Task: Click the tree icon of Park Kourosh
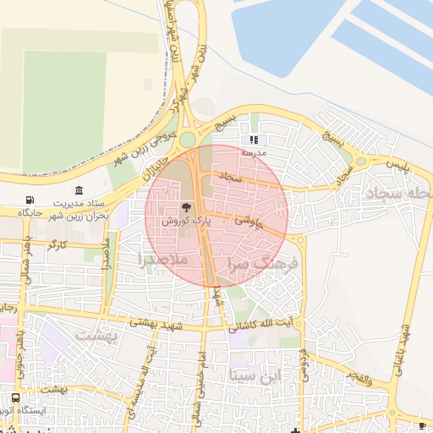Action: coord(186,207)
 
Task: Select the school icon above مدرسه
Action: coord(253,140)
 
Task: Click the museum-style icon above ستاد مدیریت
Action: coord(79,189)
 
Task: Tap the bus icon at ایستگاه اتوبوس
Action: coord(16,397)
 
